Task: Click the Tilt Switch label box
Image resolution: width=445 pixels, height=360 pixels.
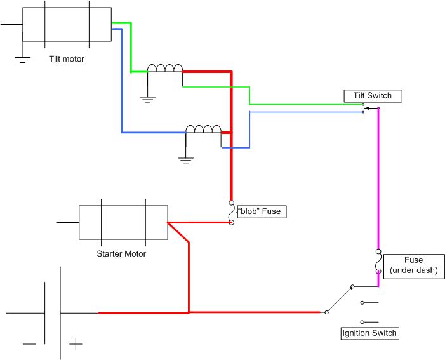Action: pyautogui.click(x=373, y=96)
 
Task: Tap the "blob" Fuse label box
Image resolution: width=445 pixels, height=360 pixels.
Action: pyautogui.click(x=262, y=211)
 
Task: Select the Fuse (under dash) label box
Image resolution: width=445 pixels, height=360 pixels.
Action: pyautogui.click(x=414, y=266)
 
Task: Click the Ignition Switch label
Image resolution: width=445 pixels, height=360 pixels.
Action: pyautogui.click(x=369, y=333)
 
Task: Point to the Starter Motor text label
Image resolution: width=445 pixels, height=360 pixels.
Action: pyautogui.click(x=121, y=253)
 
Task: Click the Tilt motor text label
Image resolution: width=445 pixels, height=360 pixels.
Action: pyautogui.click(x=67, y=59)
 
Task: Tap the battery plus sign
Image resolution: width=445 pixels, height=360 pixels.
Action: pyautogui.click(x=76, y=344)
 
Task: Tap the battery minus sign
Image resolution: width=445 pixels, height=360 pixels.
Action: pyautogui.click(x=29, y=344)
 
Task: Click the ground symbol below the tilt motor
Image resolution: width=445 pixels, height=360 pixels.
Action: pyautogui.click(x=23, y=59)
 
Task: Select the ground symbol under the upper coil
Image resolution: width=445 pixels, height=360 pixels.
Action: pyautogui.click(x=147, y=99)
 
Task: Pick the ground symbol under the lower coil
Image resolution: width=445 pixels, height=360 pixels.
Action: pyautogui.click(x=185, y=161)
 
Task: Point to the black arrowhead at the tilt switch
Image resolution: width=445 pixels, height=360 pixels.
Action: pyautogui.click(x=367, y=108)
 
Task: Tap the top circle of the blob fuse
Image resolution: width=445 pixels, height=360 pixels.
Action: pyautogui.click(x=231, y=203)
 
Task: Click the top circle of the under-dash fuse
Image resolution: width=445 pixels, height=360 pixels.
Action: pyautogui.click(x=378, y=251)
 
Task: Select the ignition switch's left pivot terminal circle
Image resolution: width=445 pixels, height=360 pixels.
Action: pyautogui.click(x=327, y=312)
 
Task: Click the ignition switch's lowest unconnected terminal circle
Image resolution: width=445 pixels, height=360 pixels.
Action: pyautogui.click(x=362, y=322)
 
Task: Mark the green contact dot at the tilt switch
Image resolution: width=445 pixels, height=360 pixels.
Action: pyautogui.click(x=363, y=105)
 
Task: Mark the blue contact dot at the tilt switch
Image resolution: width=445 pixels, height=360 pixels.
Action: pyautogui.click(x=363, y=112)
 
